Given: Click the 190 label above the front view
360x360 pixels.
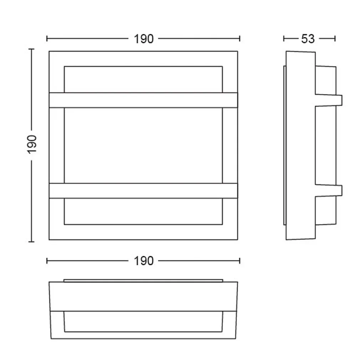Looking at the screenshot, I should (x=144, y=39).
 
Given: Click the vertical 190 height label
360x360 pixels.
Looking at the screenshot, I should (x=32, y=144).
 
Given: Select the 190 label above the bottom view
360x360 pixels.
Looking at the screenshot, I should (x=144, y=261).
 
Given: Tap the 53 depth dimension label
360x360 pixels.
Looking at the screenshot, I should (x=308, y=39).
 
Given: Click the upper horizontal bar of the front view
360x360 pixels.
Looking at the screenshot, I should (x=143, y=100).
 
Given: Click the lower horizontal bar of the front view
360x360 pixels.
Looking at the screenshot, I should (x=143, y=191).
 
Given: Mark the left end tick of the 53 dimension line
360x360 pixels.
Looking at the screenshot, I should (x=284, y=38).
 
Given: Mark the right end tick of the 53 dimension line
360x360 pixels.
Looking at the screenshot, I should (x=335, y=38).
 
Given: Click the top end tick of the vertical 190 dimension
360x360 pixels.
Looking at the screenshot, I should (x=31, y=49).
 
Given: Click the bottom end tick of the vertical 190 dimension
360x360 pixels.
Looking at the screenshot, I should (x=31, y=242).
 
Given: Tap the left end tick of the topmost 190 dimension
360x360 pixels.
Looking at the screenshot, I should (x=47, y=38).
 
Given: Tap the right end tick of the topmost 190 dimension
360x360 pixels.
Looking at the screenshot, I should (x=240, y=38).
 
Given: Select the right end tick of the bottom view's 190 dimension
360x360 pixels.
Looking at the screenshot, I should (x=240, y=261).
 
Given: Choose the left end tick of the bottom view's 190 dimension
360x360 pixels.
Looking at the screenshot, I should (x=47, y=261).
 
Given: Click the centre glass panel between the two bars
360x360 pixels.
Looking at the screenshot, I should (x=143, y=145).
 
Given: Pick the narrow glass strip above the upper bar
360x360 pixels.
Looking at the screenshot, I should (x=143, y=79).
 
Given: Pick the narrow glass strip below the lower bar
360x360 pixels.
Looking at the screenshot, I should (x=143, y=211).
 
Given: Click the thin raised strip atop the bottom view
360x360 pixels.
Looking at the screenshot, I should (x=143, y=281).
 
